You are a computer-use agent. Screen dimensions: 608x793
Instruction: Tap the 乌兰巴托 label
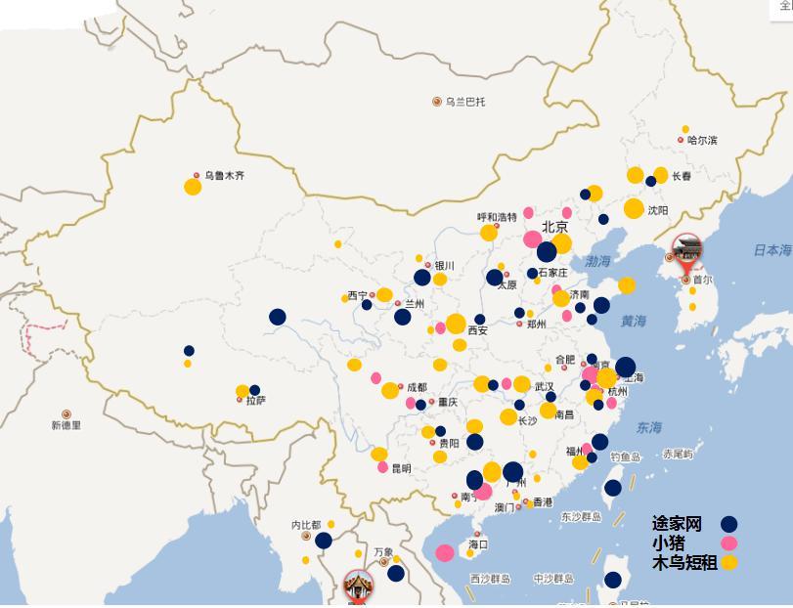[x=464, y=102]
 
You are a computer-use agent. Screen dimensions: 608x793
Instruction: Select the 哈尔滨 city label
[x=702, y=141]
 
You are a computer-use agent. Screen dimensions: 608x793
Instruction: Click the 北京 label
[x=555, y=227]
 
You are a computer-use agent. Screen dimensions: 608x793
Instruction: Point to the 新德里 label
[x=66, y=425]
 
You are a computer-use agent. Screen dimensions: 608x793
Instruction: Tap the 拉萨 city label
[x=255, y=401]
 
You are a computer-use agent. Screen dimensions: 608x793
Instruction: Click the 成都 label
[x=417, y=387]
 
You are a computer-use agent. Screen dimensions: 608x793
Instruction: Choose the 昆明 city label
[x=401, y=468]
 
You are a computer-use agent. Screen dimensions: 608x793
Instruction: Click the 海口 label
[x=477, y=544]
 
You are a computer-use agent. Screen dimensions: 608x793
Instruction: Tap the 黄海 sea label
[x=633, y=321]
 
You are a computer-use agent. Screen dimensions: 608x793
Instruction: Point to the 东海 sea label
[x=648, y=427]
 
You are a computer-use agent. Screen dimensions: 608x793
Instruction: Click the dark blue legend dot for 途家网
[x=728, y=524]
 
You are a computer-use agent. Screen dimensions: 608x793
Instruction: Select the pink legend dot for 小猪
[x=728, y=543]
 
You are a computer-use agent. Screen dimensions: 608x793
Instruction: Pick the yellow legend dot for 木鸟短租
[x=728, y=562]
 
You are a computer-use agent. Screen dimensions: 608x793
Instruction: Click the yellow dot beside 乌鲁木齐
[x=193, y=187]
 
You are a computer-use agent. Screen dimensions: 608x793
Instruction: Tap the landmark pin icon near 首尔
[x=687, y=250]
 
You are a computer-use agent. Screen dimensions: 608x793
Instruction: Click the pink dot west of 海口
[x=445, y=553]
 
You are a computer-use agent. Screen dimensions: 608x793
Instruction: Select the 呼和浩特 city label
[x=497, y=217]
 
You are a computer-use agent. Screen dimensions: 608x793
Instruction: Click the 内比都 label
[x=306, y=525]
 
